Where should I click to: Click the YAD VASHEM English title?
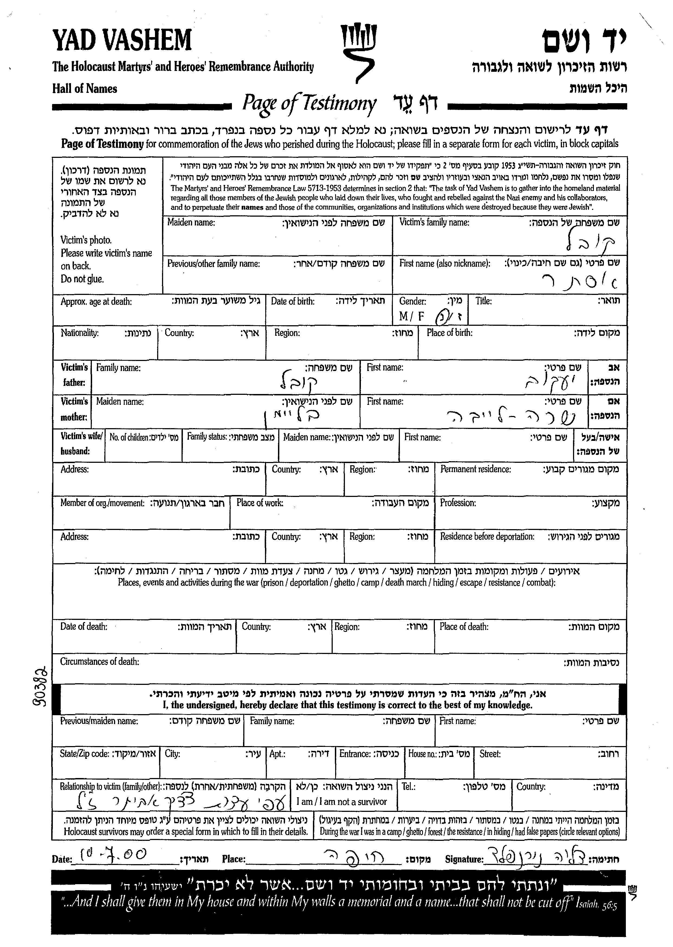[122, 41]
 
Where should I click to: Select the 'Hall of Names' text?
[85, 89]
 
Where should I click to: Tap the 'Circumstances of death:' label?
[99, 662]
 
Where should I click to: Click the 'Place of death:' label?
[464, 627]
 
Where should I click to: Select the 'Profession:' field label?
[458, 503]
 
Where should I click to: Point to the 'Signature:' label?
[464, 859]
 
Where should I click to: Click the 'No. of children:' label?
[129, 437]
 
